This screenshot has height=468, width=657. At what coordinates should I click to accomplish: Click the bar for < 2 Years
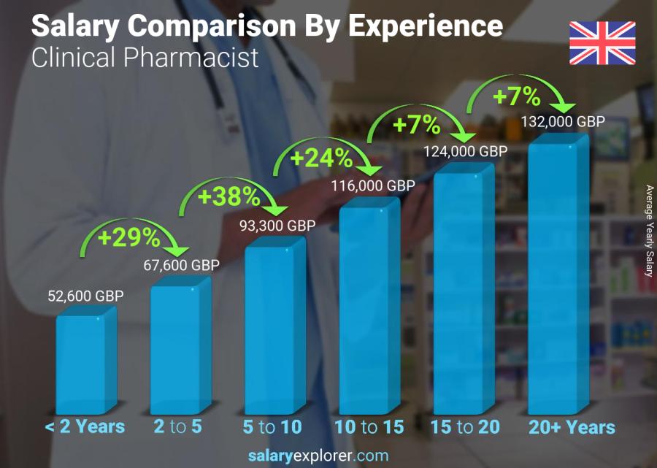[81, 364]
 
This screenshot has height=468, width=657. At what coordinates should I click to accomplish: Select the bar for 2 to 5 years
[175, 349]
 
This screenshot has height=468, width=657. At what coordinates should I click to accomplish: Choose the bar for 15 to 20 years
[458, 292]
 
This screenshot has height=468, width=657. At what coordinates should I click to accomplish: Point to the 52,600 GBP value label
[86, 296]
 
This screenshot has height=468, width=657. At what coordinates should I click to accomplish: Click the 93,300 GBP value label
[277, 226]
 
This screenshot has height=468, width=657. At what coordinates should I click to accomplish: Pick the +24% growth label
[322, 158]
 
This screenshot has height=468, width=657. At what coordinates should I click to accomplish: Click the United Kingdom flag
[602, 43]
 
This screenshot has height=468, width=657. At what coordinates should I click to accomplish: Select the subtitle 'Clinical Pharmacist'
[145, 57]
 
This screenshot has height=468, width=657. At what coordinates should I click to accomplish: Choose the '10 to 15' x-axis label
[369, 426]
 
